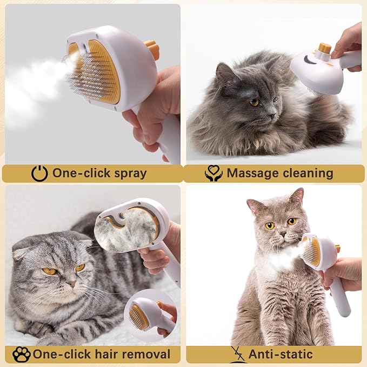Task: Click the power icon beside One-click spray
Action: [x=39, y=173]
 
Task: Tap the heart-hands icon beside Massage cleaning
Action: [x=213, y=173]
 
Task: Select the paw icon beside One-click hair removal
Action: [x=21, y=355]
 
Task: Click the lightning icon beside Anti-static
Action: [x=236, y=354]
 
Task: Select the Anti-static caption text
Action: [x=281, y=355]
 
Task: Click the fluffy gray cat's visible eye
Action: [x=253, y=102]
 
